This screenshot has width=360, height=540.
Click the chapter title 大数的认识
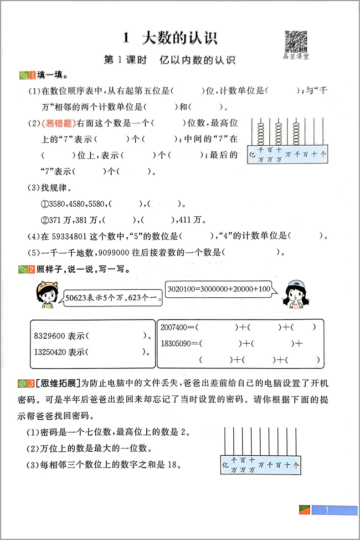(180, 38)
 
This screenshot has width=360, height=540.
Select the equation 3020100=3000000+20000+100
(219, 289)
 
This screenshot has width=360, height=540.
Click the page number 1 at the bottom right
(327, 510)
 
